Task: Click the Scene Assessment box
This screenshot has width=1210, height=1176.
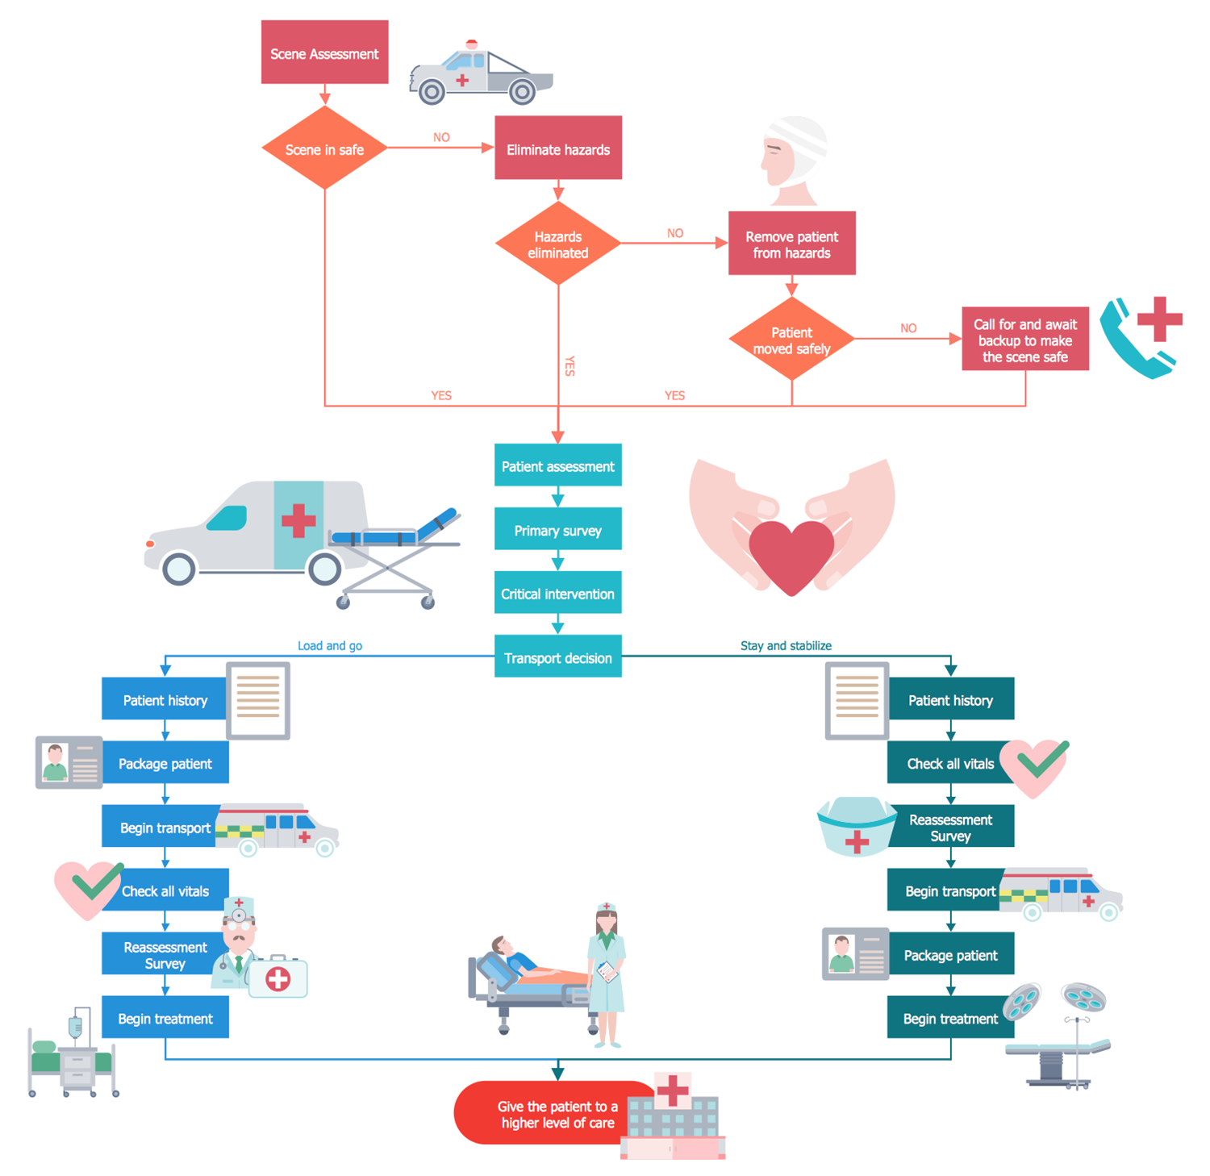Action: (x=324, y=52)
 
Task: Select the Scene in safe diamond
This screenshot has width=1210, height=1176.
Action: (x=324, y=148)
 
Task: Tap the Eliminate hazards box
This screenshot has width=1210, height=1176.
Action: (x=557, y=148)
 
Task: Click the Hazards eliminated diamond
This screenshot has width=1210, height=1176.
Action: (x=557, y=244)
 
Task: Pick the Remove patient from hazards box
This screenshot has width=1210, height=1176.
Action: (x=791, y=244)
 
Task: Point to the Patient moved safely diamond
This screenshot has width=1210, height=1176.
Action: (x=791, y=340)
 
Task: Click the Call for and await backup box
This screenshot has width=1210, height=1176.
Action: (x=1024, y=340)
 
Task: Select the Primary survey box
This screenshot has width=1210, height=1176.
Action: (x=557, y=530)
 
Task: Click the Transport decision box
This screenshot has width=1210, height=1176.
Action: (x=557, y=657)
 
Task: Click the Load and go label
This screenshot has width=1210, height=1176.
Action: (x=329, y=645)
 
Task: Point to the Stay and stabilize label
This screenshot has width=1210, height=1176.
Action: (x=786, y=645)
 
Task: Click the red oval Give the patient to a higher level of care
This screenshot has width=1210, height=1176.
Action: (x=549, y=1114)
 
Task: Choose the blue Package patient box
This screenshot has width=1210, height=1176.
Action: (x=165, y=763)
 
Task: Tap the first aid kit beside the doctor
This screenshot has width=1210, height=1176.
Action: (x=278, y=978)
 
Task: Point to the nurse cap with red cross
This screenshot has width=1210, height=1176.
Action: (x=856, y=827)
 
